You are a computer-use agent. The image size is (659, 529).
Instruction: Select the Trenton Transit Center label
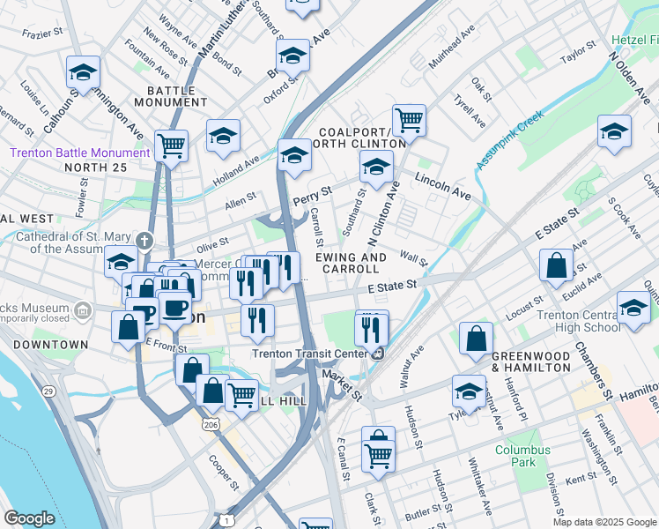[309, 354]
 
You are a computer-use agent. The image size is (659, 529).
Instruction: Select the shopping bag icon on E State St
[557, 265]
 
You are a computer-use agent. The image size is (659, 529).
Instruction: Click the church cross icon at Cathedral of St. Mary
[144, 240]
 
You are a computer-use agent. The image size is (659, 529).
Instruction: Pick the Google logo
[29, 518]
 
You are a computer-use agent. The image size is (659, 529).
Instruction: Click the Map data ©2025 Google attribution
[604, 521]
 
